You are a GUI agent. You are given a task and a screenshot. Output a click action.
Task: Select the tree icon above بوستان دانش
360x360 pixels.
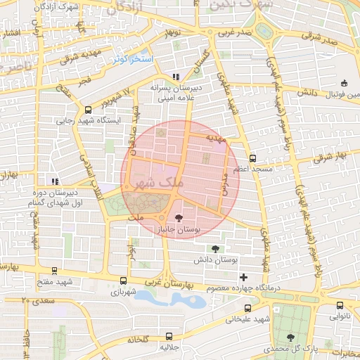pos(214,249)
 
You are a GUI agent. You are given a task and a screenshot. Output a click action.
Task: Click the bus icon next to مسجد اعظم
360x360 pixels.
pos(253,158)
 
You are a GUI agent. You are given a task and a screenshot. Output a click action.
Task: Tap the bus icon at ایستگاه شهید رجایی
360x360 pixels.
pos(87,110)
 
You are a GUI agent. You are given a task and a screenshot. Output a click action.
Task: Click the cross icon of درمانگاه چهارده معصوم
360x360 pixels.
pos(243,277)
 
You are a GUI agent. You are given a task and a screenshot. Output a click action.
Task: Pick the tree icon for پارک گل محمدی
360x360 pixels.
pos(290,337)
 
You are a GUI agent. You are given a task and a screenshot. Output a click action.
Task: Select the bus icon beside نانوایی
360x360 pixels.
pos(340,305)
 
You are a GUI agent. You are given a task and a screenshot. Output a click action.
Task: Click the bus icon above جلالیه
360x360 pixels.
pos(168,336)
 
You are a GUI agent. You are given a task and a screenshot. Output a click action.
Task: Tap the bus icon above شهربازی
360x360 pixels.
pos(124,280)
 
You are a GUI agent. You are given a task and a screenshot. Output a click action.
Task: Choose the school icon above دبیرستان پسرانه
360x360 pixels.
pos(175,77)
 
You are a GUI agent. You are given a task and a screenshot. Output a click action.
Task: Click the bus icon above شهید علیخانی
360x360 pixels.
pos(247,307)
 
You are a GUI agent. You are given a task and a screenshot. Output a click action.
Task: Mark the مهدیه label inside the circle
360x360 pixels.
pos(216,139)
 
